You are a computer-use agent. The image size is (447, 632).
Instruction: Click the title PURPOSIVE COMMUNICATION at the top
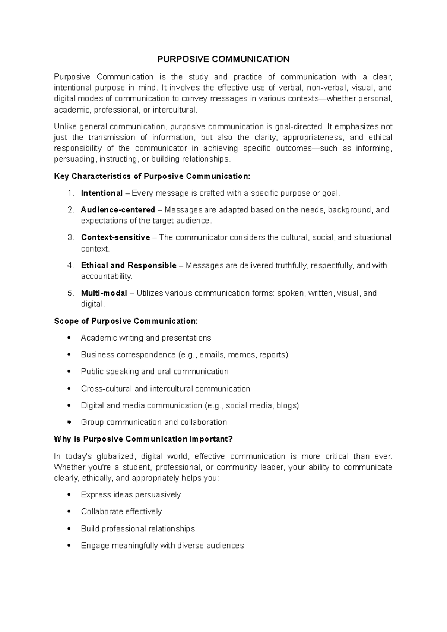[223, 59]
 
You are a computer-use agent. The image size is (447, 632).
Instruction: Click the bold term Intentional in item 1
[102, 193]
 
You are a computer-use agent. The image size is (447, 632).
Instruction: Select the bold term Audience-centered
[118, 210]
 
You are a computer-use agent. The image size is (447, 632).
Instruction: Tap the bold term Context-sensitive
[115, 237]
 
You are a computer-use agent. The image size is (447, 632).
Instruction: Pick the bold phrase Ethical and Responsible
[129, 265]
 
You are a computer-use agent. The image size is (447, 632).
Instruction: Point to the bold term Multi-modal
[104, 293]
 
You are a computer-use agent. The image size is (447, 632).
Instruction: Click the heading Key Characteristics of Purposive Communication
[152, 176]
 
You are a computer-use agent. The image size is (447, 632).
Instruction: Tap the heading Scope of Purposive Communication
[126, 321]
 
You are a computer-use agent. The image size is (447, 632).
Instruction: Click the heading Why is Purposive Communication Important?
[143, 439]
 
